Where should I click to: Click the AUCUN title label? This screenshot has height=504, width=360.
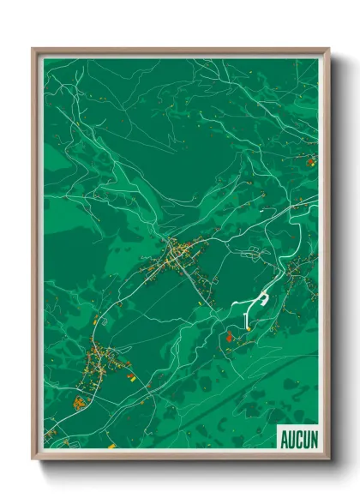click(298, 440)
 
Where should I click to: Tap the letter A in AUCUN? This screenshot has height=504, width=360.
click(285, 440)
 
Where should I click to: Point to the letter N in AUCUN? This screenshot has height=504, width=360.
click(313, 440)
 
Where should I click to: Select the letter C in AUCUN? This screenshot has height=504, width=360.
click(298, 440)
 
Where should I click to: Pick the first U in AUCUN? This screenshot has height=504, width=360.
click(291, 440)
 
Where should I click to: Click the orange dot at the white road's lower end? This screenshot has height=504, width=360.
click(247, 325)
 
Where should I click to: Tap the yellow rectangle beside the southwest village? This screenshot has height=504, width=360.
click(130, 374)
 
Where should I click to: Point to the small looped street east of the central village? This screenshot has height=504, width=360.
click(257, 252)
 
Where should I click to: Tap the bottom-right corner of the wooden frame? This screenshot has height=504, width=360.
click(328, 459)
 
